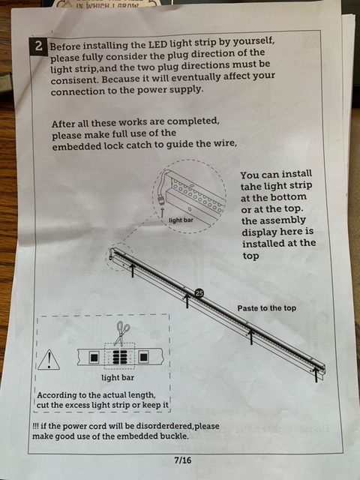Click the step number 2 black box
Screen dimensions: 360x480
pos(38,46)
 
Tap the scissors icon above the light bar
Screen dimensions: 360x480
pos(121,334)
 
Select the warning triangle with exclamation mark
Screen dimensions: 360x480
pos(49,360)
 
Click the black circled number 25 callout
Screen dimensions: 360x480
pos(199,293)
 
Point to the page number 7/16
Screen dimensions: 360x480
pos(182,460)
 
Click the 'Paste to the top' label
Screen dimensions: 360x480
pos(267,308)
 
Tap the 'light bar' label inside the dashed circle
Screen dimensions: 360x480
pos(181,220)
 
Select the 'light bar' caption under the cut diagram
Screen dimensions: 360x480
pos(118,378)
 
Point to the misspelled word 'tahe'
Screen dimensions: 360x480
pos(250,187)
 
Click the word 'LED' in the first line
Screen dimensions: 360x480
pos(157,45)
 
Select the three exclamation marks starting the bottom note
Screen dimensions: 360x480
pos(35,427)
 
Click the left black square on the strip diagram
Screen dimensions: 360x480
pos(94,357)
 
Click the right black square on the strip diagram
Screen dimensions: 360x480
pos(143,357)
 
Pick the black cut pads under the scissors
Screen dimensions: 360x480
pos(119,357)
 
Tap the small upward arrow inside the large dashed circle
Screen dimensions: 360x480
pos(163,212)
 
